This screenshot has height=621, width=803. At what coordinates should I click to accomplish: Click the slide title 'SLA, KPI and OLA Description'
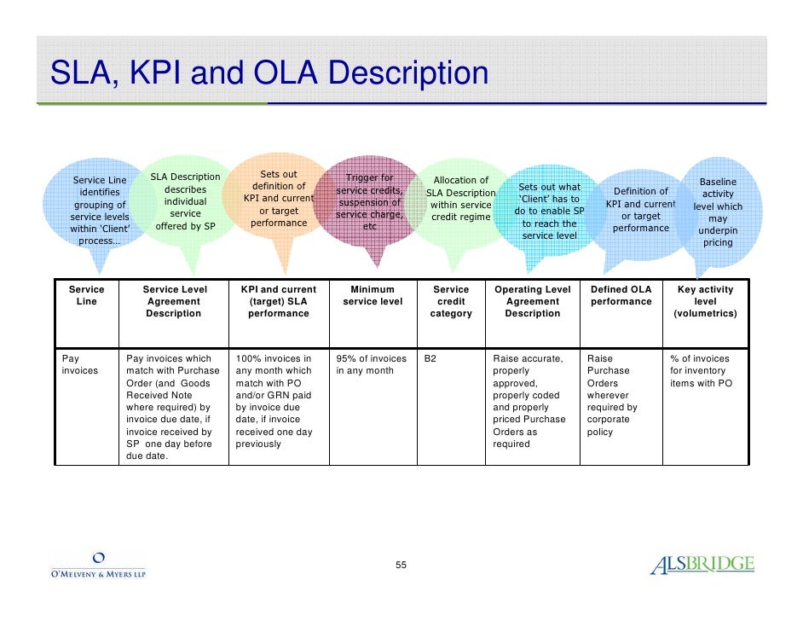pyautogui.click(x=269, y=73)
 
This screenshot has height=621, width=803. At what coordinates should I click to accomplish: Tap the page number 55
pyautogui.click(x=401, y=566)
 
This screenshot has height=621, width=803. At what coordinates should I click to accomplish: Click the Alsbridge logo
pyautogui.click(x=702, y=565)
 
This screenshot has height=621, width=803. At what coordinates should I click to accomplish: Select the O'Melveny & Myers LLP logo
pyautogui.click(x=97, y=566)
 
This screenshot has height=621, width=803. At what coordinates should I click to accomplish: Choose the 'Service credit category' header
pyautogui.click(x=451, y=301)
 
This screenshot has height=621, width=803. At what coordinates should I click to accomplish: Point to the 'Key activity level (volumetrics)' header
pyautogui.click(x=705, y=301)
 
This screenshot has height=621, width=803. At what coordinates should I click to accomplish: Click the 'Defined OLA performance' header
pyautogui.click(x=621, y=295)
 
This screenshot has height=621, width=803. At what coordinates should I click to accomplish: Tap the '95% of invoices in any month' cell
pyautogui.click(x=371, y=365)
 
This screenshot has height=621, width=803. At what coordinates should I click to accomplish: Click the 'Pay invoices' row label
pyautogui.click(x=80, y=365)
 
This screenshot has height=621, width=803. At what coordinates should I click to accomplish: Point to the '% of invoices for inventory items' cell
pyautogui.click(x=701, y=371)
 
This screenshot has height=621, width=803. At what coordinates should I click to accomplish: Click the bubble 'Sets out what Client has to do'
pyautogui.click(x=549, y=211)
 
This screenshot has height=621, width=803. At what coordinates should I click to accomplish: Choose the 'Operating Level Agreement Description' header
pyautogui.click(x=532, y=301)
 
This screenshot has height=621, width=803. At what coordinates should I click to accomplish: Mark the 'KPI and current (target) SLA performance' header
pyautogui.click(x=278, y=301)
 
